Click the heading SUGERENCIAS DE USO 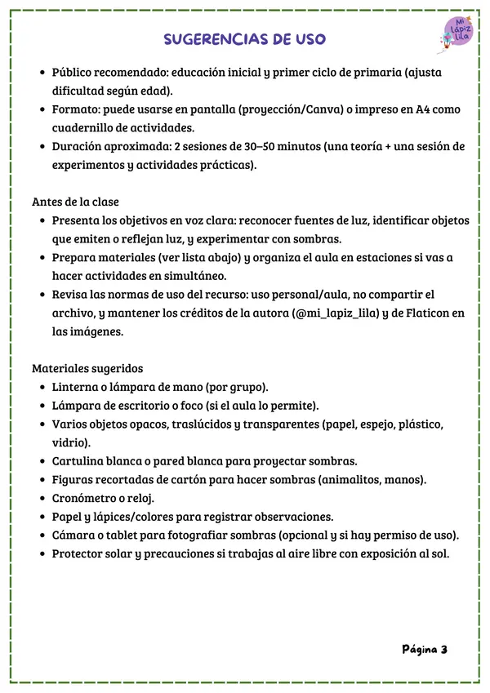pos(245,39)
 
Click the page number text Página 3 pos(425,650)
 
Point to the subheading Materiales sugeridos pos(87,367)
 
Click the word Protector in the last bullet pos(82,553)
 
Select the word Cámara pos(76,535)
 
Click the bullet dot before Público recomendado pos(42,73)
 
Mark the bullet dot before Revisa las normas pos(42,295)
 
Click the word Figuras pos(75,479)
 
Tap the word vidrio pos(71,442)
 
